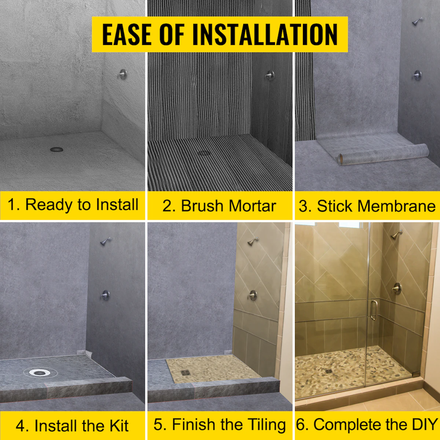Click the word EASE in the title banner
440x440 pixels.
pyautogui.click(x=126, y=34)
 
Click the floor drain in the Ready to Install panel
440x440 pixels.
pyautogui.click(x=56, y=150)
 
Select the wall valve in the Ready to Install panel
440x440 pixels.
pyautogui.click(x=122, y=74)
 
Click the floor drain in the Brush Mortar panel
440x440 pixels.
pyautogui.click(x=203, y=153)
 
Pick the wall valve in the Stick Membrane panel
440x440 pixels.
pyautogui.click(x=417, y=76)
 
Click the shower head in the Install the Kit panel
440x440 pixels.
pyautogui.click(x=106, y=241)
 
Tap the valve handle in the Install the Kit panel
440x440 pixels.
pyautogui.click(x=105, y=295)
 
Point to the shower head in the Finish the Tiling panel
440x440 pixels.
pyautogui.click(x=253, y=241)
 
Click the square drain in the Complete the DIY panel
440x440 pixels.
pyautogui.click(x=329, y=371)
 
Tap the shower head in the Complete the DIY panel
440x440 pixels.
pyautogui.click(x=397, y=235)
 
